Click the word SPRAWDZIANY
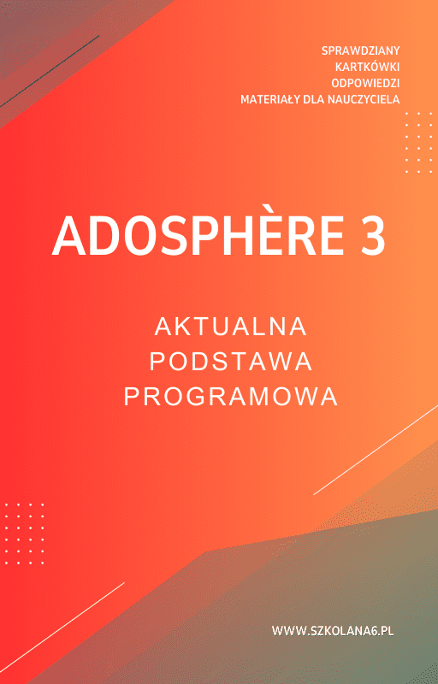coord(361,50)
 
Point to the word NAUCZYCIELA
coord(364,99)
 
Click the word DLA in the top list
coord(316,99)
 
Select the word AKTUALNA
coord(231,327)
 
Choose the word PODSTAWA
coord(231,362)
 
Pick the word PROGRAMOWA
coord(231,397)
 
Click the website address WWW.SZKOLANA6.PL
coord(338,631)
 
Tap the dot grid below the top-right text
coord(418,142)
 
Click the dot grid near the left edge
coord(24,534)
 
